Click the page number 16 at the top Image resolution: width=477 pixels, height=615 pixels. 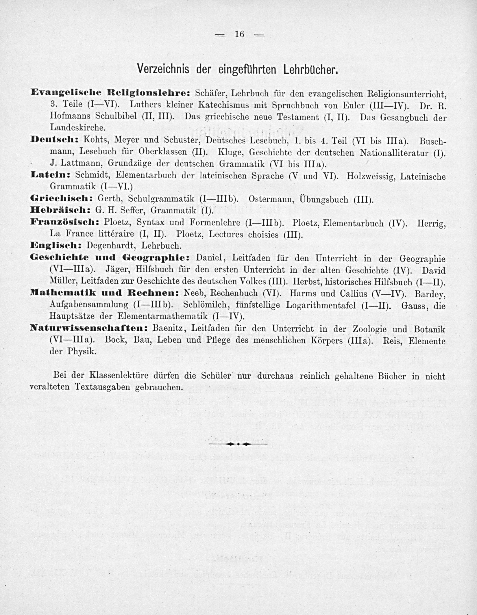click(x=239, y=34)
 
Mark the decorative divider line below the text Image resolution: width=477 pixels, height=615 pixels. click(x=238, y=444)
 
